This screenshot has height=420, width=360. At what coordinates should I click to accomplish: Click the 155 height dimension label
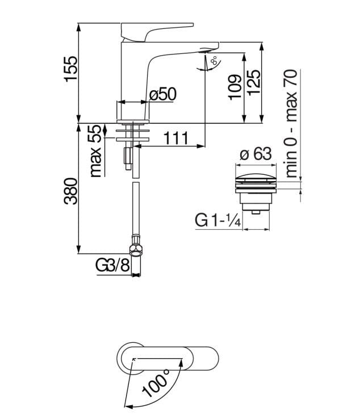tap(71, 68)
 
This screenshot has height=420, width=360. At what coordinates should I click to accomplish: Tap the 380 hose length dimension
tap(71, 191)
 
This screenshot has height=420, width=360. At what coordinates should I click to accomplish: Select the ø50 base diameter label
tap(163, 94)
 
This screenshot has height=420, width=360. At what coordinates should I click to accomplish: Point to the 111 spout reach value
tap(176, 138)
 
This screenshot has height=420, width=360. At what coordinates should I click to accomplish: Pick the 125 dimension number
tap(253, 82)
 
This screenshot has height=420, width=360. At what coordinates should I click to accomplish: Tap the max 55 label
tap(96, 150)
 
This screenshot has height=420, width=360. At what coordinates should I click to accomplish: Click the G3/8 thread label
tap(112, 266)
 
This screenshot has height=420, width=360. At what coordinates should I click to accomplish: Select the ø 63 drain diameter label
tap(256, 154)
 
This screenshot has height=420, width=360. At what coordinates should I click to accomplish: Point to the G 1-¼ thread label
tap(218, 220)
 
